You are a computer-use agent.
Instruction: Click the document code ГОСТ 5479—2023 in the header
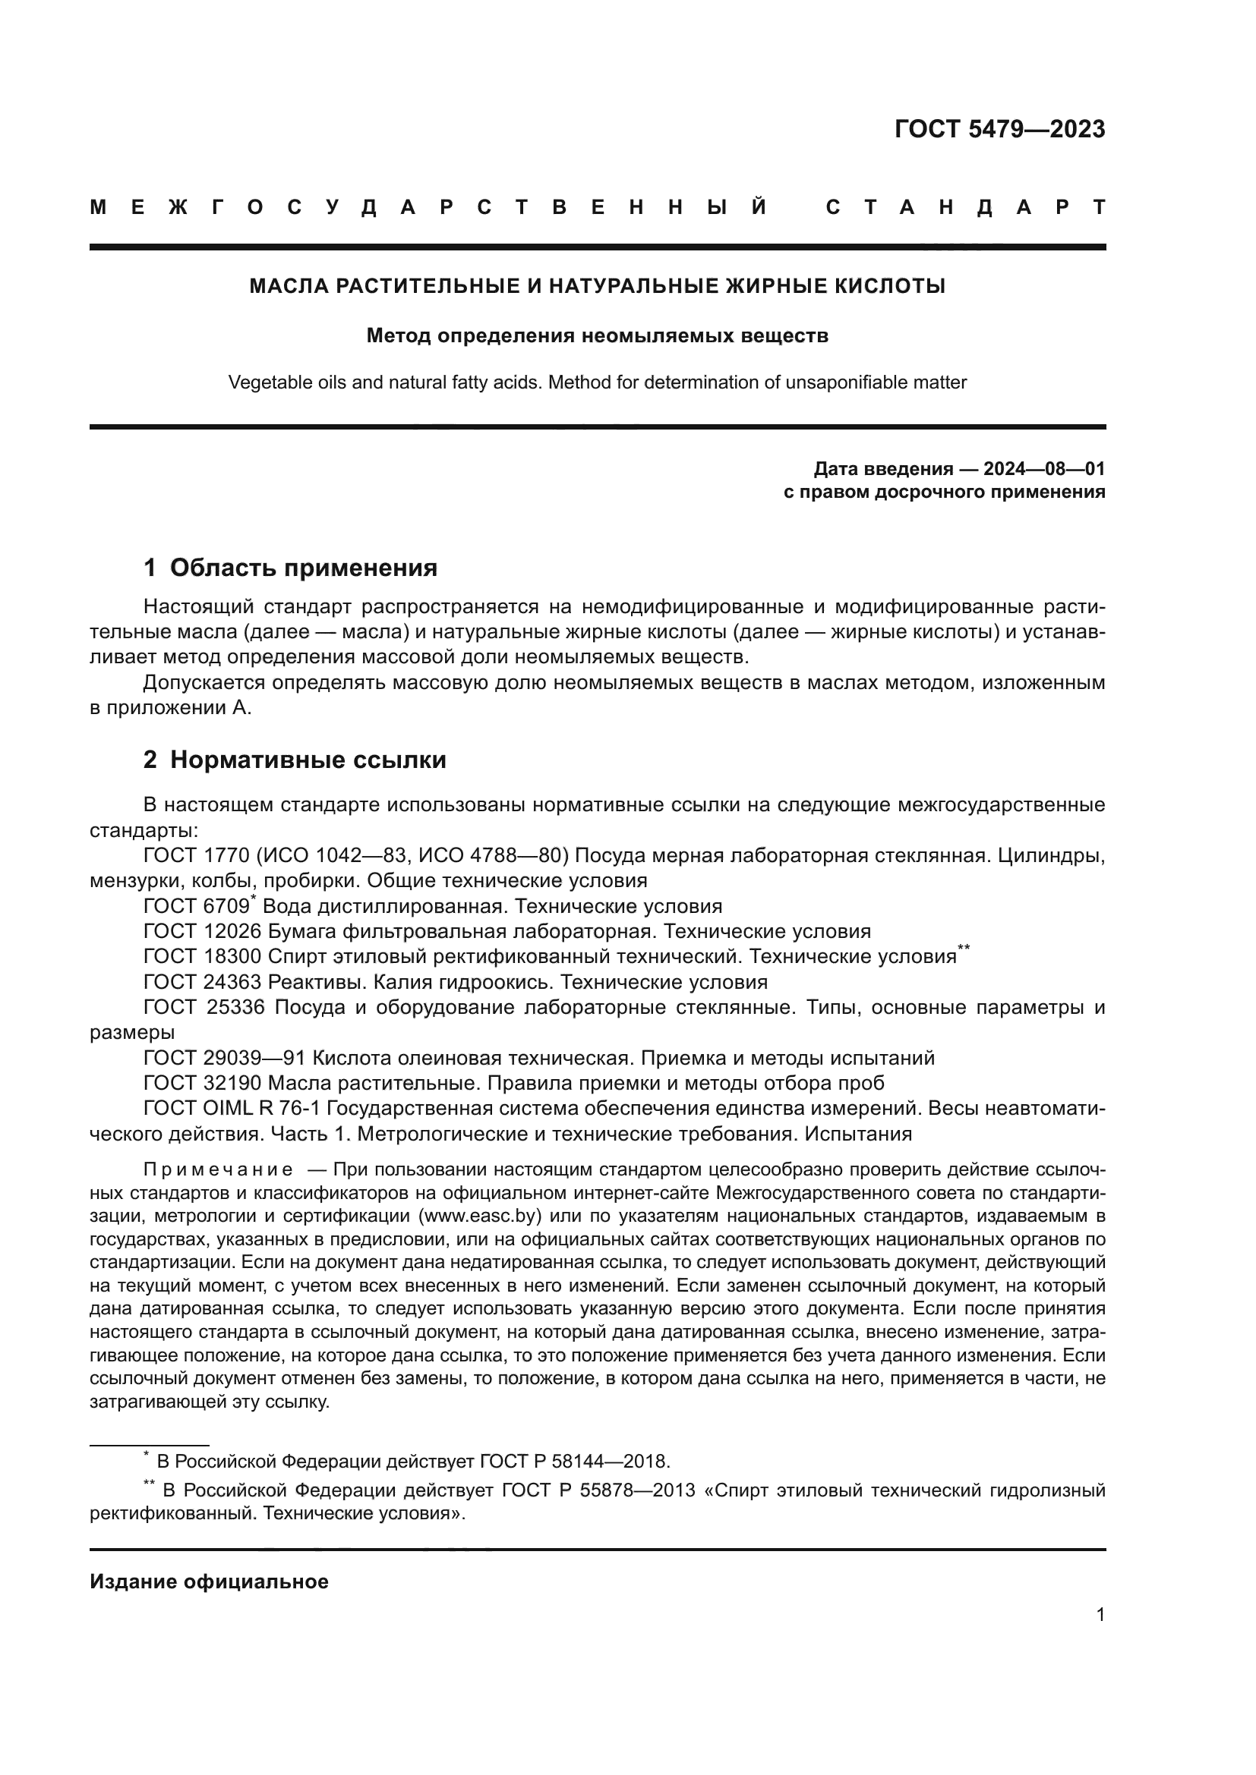click(x=999, y=129)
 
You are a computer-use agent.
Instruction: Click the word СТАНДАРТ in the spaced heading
click(x=965, y=208)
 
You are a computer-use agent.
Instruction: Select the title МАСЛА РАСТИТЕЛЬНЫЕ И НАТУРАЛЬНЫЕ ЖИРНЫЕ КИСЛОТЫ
click(x=597, y=286)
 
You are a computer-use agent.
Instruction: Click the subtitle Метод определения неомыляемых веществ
click(x=597, y=335)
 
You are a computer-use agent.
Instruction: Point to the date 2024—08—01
click(x=1043, y=468)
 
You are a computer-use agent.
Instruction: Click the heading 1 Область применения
click(x=290, y=568)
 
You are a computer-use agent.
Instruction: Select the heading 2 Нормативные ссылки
click(x=295, y=760)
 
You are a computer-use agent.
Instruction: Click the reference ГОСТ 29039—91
click(x=224, y=1059)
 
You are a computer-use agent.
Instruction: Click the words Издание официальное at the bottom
click(x=209, y=1581)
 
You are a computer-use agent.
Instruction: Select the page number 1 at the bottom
click(x=1100, y=1614)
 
